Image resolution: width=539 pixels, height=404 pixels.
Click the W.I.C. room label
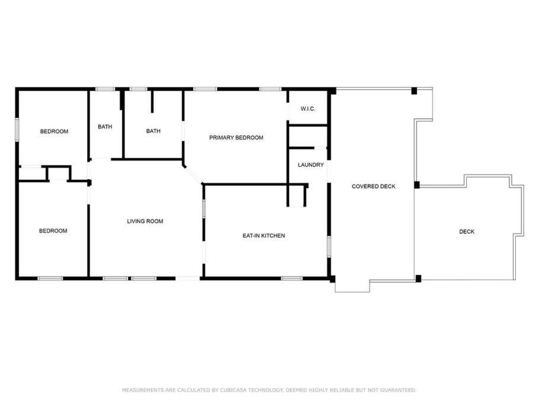click(x=307, y=109)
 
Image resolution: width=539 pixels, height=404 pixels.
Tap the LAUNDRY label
click(x=311, y=165)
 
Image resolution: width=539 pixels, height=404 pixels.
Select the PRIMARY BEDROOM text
click(x=236, y=138)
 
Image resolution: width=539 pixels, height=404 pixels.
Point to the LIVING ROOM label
click(x=145, y=221)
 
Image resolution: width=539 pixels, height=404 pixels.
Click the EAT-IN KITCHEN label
click(x=264, y=236)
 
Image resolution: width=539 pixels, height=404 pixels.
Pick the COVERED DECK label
click(x=374, y=186)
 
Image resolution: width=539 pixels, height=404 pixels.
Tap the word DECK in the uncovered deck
click(x=467, y=232)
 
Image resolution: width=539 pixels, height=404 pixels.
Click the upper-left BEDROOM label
click(x=54, y=131)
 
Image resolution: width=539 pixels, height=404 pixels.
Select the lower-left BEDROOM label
click(x=53, y=231)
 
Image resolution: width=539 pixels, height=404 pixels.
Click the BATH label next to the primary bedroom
click(x=153, y=131)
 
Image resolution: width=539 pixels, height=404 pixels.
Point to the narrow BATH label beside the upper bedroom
click(x=105, y=127)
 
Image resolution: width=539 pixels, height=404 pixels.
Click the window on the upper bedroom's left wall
click(x=17, y=130)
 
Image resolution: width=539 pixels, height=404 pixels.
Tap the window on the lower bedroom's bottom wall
click(x=50, y=279)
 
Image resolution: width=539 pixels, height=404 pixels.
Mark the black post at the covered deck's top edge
click(x=414, y=91)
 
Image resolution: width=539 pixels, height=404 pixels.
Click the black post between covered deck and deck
click(x=417, y=185)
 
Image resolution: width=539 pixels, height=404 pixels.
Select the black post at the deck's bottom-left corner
click(x=418, y=279)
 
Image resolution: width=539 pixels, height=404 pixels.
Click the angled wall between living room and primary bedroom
click(x=193, y=175)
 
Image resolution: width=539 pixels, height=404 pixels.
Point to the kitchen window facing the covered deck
click(x=329, y=247)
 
